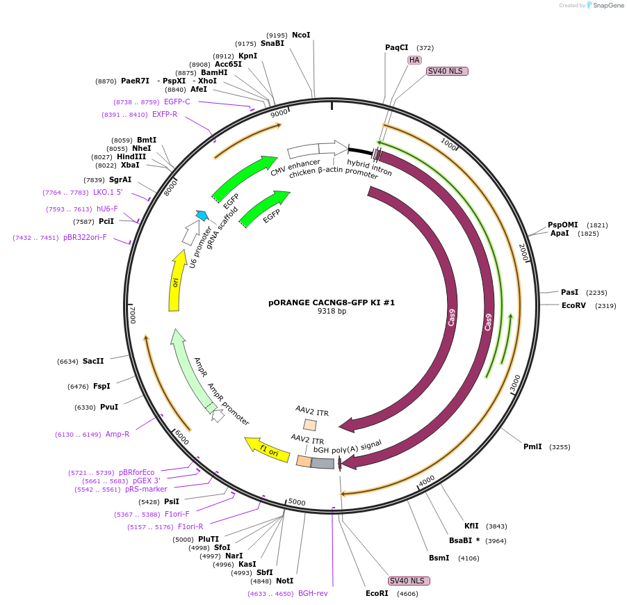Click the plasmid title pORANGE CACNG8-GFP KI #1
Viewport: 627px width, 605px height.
coord(332,302)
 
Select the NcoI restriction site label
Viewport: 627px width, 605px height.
coord(301,35)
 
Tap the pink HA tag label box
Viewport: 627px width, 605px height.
coord(414,60)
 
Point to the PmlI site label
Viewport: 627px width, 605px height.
coord(532,446)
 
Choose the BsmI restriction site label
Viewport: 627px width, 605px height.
coord(439,558)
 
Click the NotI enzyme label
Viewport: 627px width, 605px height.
coord(284,581)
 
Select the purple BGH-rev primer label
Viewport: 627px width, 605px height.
coord(313,593)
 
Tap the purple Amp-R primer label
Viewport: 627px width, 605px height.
coord(117,434)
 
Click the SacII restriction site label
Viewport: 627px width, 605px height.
coord(93,361)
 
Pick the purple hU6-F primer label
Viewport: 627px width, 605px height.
coord(106,209)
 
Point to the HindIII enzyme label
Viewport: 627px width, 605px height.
coord(131,156)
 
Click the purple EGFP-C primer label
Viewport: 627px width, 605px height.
coord(177,102)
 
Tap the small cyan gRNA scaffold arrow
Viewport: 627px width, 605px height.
coord(202,216)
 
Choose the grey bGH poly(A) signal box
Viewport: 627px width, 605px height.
coord(323,463)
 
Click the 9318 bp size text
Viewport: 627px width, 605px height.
coord(332,312)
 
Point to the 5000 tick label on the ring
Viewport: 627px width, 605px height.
coord(297,501)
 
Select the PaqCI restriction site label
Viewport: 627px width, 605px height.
coord(397,47)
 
